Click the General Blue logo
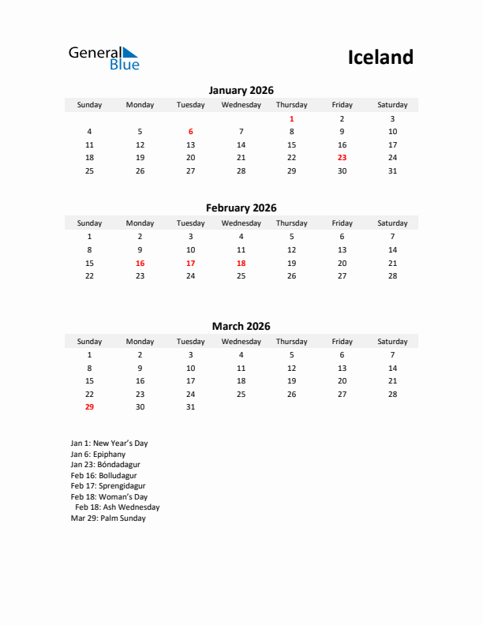(103, 58)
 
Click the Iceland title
(380, 57)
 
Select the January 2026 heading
(241, 90)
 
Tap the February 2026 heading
(241, 208)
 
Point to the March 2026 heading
(241, 326)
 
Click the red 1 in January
(291, 118)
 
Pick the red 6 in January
(190, 132)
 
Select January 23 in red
(342, 158)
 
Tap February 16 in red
(140, 263)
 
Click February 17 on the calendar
(190, 263)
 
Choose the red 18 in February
(241, 263)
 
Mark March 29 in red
(89, 407)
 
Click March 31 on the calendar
(190, 407)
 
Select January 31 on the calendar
(392, 170)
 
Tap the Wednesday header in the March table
(241, 342)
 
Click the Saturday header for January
(392, 105)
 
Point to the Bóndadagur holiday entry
(105, 465)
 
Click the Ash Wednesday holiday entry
(118, 507)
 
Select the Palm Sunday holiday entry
(108, 518)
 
